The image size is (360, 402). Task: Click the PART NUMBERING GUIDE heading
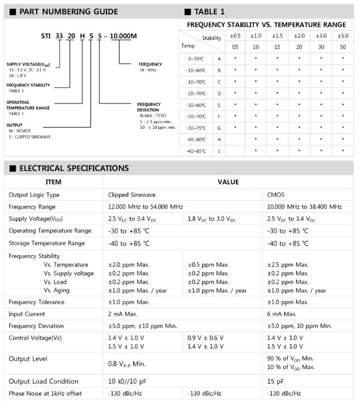pyautogui.click(x=68, y=12)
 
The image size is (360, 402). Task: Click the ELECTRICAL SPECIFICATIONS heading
pyautogui.click(x=73, y=168)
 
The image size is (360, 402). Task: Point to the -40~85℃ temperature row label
pyautogui.click(x=196, y=151)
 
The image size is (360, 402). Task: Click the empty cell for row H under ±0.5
pyautogui.click(x=235, y=139)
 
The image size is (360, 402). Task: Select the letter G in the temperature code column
pyautogui.click(x=219, y=128)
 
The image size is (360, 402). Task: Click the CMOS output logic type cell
pyautogui.click(x=276, y=195)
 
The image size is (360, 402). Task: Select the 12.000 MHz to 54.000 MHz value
pyautogui.click(x=145, y=207)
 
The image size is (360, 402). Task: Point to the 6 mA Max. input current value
pyautogui.click(x=282, y=314)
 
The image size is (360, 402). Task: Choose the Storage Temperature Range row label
pyautogui.click(x=47, y=243)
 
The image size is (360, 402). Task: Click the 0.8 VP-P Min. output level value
pyautogui.click(x=127, y=363)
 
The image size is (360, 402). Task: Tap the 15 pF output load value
pyautogui.click(x=275, y=381)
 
